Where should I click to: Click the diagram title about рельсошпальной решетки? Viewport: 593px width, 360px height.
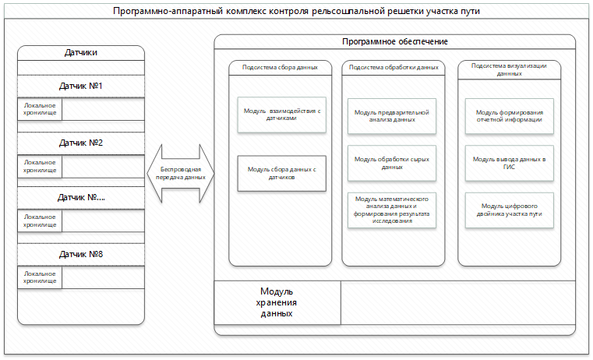(x=296, y=12)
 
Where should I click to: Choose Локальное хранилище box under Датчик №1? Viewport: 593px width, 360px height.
(x=39, y=110)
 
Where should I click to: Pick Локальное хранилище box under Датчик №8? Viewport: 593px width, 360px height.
(x=39, y=278)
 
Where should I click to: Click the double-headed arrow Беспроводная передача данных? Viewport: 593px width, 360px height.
(x=178, y=172)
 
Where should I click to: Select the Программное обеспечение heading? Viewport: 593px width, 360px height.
(x=394, y=41)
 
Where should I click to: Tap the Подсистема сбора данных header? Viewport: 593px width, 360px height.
(x=280, y=68)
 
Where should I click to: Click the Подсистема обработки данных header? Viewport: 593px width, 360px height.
(x=394, y=68)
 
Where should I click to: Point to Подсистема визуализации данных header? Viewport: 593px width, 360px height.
(x=509, y=70)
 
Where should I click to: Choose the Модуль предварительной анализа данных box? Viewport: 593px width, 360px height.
(x=394, y=115)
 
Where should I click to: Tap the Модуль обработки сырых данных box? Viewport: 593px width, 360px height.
(x=394, y=163)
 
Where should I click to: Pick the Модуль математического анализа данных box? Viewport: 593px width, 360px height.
(x=394, y=210)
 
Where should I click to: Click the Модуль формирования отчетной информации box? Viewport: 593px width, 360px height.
(x=509, y=115)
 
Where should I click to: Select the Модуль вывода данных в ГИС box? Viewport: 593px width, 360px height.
(x=509, y=163)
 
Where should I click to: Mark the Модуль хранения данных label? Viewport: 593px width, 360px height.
(x=277, y=302)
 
